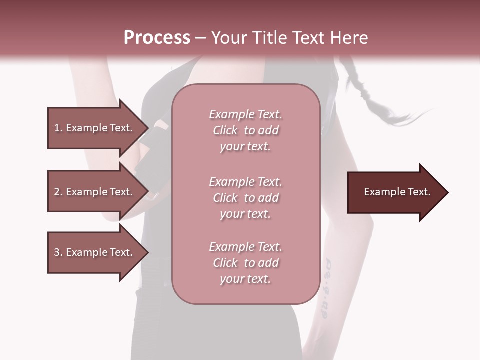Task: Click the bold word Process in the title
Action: [157, 38]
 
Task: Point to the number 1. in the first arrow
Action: [58, 128]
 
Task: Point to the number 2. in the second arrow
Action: [58, 192]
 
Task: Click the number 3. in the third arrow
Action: [58, 252]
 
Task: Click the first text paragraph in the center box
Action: [245, 130]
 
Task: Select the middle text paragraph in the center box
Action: [245, 198]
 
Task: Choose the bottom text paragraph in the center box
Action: [245, 263]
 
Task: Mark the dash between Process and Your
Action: [201, 38]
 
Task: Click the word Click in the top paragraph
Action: [225, 130]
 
